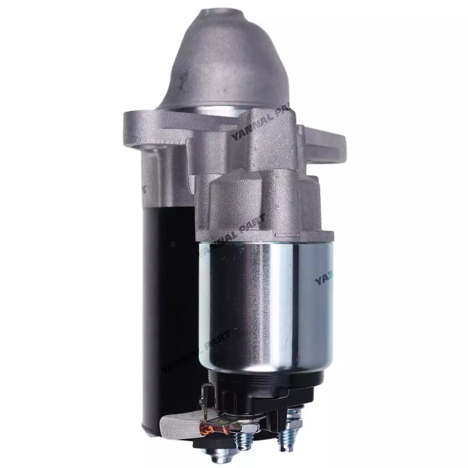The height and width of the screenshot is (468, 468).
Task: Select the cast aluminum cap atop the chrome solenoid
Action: click(262, 206)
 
